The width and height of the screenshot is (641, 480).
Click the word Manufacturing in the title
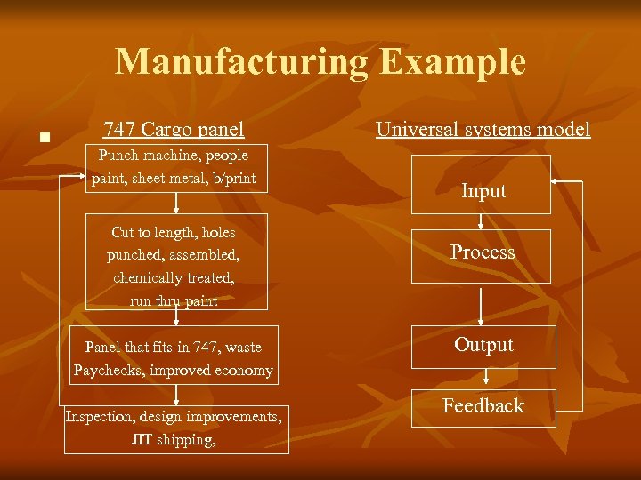tap(241, 62)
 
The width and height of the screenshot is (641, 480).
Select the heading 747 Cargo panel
tap(174, 130)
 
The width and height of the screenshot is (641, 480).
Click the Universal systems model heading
tap(483, 130)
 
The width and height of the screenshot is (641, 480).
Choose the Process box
tap(483, 255)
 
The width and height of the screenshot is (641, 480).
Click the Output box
tap(483, 347)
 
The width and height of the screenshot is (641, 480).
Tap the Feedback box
tap(483, 408)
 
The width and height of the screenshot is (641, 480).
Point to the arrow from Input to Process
tap(482, 221)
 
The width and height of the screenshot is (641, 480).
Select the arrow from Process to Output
tap(482, 304)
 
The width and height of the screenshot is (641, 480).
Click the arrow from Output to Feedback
tap(482, 379)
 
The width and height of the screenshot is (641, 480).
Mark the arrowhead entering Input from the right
tap(556, 181)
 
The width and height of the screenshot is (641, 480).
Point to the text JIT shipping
tap(174, 439)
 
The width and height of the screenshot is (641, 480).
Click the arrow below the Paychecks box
tap(176, 395)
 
